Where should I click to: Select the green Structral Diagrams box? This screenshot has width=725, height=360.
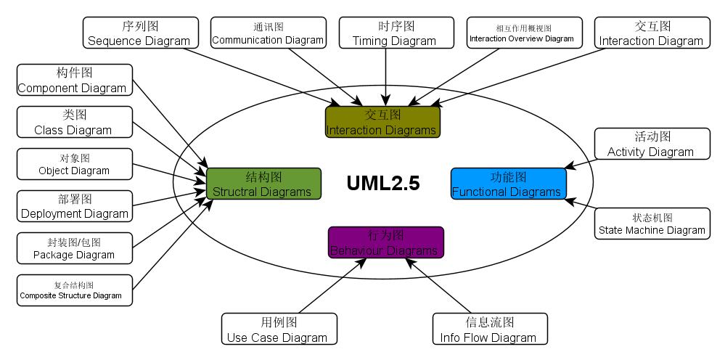click(263, 184)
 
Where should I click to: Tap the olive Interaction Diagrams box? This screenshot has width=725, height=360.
click(382, 122)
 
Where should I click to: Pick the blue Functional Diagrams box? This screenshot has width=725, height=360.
click(508, 184)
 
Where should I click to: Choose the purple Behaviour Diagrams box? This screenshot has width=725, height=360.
click(385, 243)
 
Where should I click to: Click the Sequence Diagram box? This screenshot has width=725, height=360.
click(139, 33)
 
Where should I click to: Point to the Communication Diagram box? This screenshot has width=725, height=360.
click(267, 33)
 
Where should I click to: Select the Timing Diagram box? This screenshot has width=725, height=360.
click(394, 33)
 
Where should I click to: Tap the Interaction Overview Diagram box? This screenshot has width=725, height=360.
click(524, 33)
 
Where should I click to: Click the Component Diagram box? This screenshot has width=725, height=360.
click(74, 80)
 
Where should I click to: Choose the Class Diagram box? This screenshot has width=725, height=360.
click(74, 122)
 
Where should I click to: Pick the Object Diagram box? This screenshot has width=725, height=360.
click(74, 164)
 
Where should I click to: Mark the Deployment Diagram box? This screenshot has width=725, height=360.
click(74, 206)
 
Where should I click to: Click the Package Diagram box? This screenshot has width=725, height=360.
click(74, 248)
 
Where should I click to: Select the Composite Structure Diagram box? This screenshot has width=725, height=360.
click(74, 290)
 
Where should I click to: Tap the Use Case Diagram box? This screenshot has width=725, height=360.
click(279, 330)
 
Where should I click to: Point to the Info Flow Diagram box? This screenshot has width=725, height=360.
click(489, 330)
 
